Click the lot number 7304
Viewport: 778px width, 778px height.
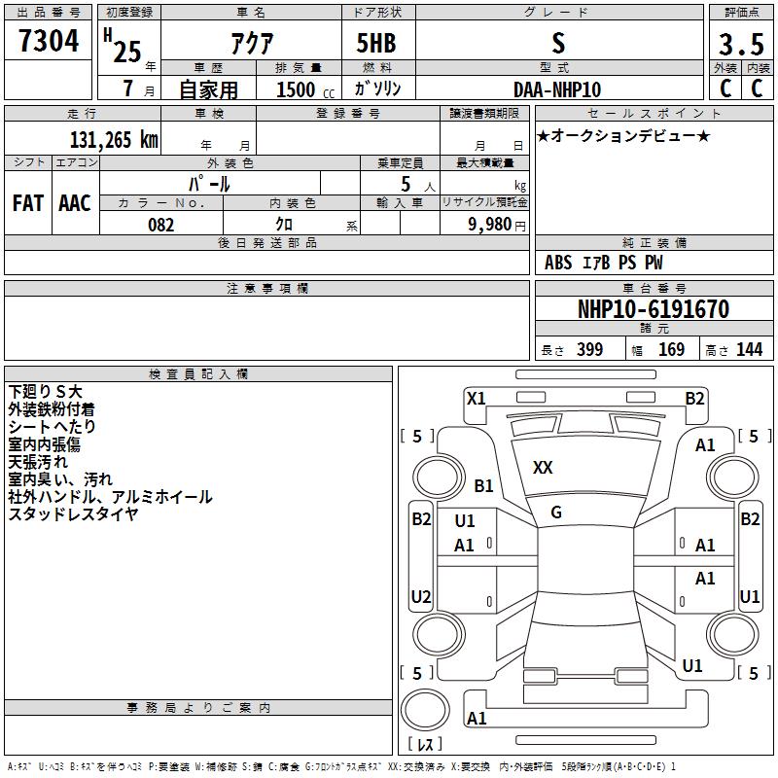(49, 41)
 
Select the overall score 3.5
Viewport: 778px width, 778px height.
(741, 44)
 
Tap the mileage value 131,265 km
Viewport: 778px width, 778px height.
(114, 140)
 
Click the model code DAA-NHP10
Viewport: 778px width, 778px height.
(557, 89)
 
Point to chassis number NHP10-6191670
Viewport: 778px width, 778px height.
(654, 309)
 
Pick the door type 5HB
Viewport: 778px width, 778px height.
(376, 43)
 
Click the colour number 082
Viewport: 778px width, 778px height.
(161, 225)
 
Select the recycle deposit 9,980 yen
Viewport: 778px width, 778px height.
(497, 225)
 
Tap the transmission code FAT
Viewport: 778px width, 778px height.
(28, 203)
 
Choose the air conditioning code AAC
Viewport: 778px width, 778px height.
(75, 203)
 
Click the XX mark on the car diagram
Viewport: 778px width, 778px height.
(543, 468)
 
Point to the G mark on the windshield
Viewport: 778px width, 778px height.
(556, 513)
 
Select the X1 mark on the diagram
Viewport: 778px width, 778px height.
(476, 399)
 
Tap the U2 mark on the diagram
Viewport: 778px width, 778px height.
(421, 596)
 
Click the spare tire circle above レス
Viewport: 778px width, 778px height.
(425, 710)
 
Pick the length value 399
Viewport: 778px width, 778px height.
(590, 349)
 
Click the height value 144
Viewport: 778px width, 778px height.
(749, 349)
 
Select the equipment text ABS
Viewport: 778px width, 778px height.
(558, 263)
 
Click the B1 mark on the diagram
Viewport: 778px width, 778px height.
(483, 485)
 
